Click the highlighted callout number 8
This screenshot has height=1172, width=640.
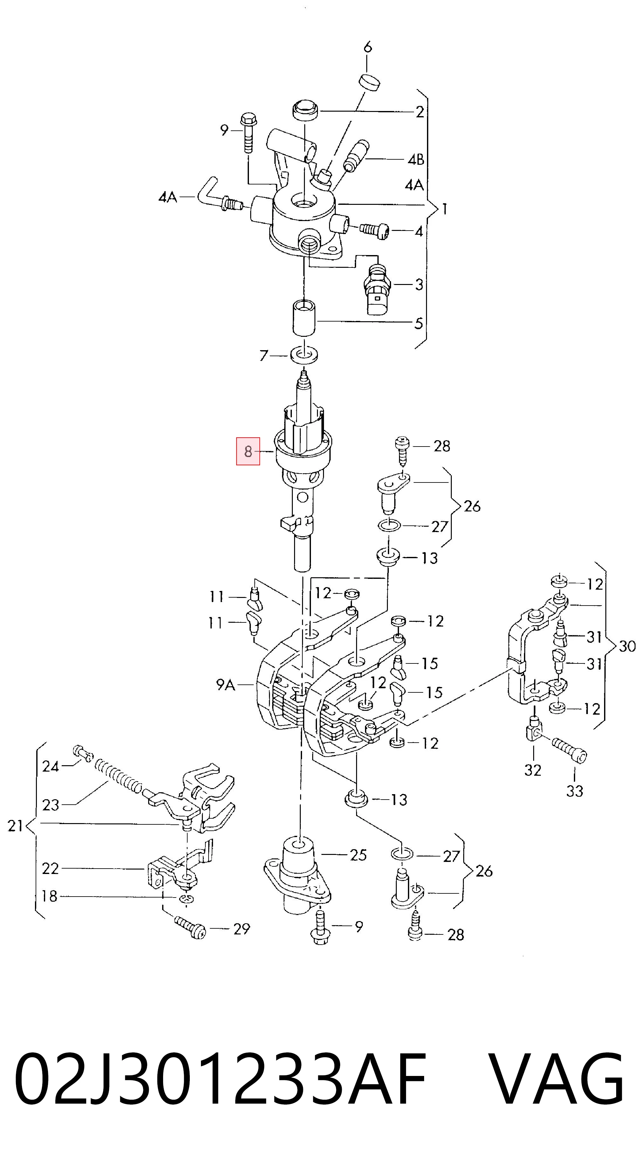(x=248, y=451)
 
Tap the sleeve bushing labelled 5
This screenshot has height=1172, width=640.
(x=303, y=317)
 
